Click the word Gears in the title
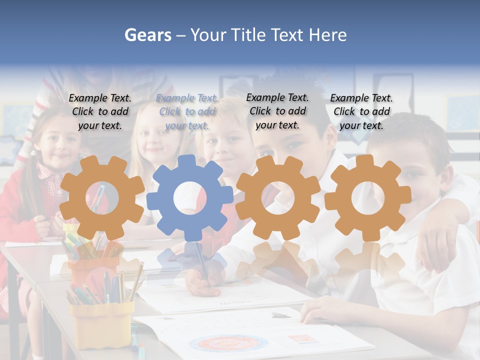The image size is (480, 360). (147, 35)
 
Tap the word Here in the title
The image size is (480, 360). (327, 35)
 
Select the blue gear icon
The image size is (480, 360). (190, 198)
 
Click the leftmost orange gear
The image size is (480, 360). (101, 197)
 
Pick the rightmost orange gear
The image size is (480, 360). (367, 197)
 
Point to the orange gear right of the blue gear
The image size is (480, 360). (278, 197)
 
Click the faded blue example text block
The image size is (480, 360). (187, 112)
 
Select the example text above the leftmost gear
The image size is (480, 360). (100, 112)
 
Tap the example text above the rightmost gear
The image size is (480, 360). (361, 112)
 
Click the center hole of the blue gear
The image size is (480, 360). (190, 198)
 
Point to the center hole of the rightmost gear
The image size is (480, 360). (367, 197)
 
